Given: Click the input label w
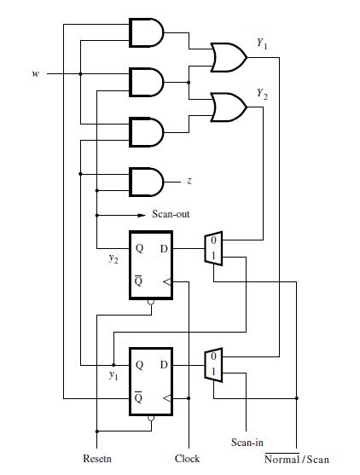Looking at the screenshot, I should (x=35, y=74).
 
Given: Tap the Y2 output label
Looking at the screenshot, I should (x=260, y=96).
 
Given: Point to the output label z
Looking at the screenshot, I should (x=189, y=182).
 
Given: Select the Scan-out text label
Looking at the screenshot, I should (x=171, y=214).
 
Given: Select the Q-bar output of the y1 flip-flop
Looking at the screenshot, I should (x=138, y=397).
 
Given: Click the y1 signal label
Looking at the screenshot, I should (x=113, y=375).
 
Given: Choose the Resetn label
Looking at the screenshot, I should (x=96, y=459).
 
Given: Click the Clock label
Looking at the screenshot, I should (x=187, y=459).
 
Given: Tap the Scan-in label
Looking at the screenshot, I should (x=247, y=443).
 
